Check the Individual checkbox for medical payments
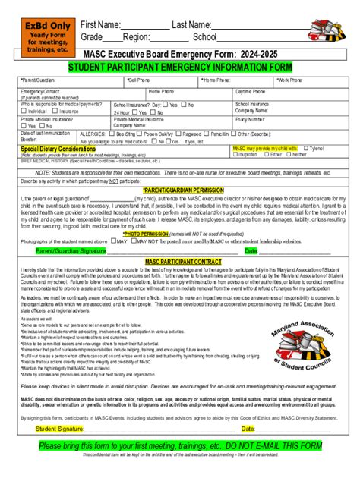coord(24,111)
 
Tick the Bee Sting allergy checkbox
coord(112,132)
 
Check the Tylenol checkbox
coord(305,148)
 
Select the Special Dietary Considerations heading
coord(58,149)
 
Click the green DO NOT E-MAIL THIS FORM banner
coord(180,445)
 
